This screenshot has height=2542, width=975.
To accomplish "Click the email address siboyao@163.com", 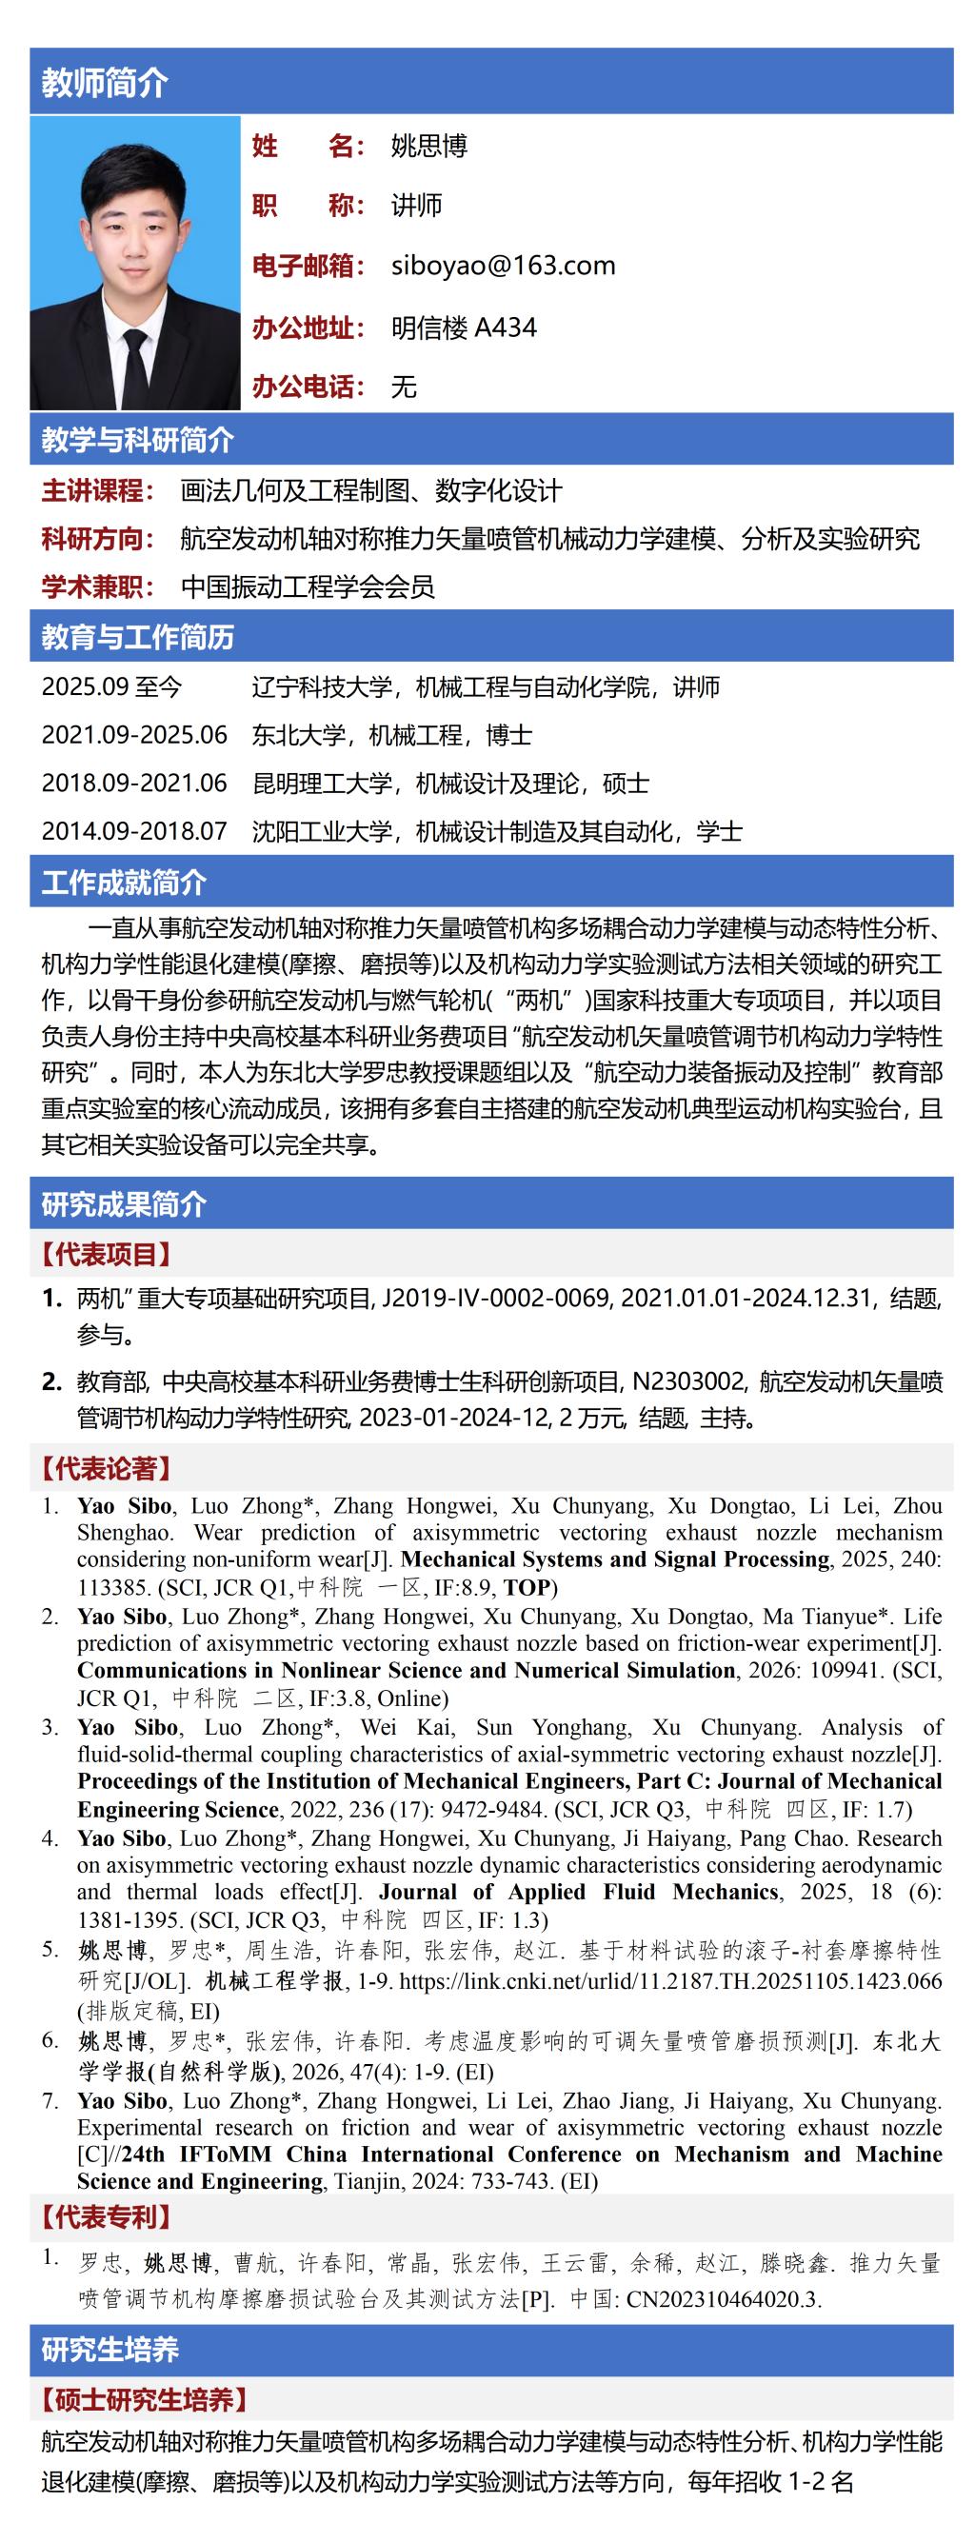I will click(504, 266).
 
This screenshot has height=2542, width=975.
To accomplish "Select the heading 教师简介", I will click(105, 83).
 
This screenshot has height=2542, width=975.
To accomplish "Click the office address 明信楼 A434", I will click(464, 327).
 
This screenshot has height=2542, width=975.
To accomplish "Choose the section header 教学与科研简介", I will click(137, 440).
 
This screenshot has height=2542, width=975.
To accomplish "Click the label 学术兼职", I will click(98, 587).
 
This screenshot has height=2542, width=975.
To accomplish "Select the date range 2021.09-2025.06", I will click(134, 735).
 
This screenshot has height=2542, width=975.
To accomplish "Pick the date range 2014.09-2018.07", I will click(134, 831).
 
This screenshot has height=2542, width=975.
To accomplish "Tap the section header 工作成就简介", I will click(124, 883).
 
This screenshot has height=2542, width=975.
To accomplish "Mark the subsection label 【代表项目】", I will click(106, 1254).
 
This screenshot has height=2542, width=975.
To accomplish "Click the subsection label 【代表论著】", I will click(106, 1469).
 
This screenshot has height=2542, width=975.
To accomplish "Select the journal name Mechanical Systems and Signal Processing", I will click(615, 1559).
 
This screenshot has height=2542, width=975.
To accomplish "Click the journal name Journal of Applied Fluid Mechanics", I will click(579, 1892).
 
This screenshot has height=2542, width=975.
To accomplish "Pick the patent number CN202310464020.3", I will click(722, 2298).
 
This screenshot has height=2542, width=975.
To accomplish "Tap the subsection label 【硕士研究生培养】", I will click(143, 2400).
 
